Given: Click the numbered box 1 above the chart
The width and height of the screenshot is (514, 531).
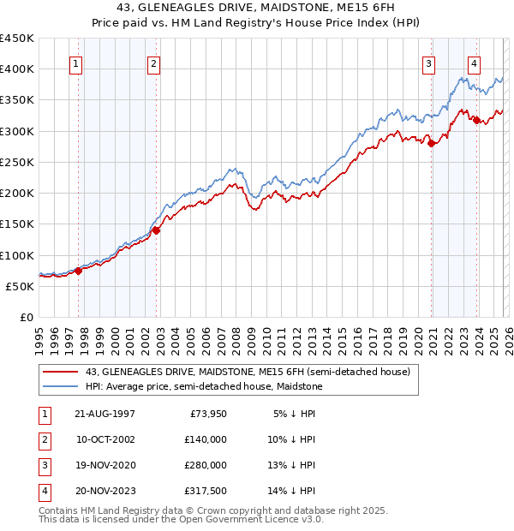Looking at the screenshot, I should (76, 63).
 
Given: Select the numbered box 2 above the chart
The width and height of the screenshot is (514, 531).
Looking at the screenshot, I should (152, 63).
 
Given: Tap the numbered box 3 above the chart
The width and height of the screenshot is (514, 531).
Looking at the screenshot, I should (428, 63).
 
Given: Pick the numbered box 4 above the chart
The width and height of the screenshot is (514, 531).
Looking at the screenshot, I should (474, 63).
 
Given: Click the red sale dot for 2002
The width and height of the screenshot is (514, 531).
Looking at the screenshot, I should (157, 230).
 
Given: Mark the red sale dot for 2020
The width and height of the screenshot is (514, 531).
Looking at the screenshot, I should (432, 143).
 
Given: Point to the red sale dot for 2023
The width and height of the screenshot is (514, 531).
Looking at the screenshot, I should (477, 120).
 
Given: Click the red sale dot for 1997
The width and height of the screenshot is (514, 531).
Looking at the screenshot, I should (78, 271).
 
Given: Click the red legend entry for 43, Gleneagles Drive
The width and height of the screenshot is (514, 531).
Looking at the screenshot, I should (248, 373).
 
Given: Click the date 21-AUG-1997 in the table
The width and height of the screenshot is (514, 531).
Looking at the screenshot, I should (105, 414).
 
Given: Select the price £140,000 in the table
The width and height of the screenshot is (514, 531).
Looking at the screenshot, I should (206, 439).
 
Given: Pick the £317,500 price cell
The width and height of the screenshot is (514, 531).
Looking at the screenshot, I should (206, 491).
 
